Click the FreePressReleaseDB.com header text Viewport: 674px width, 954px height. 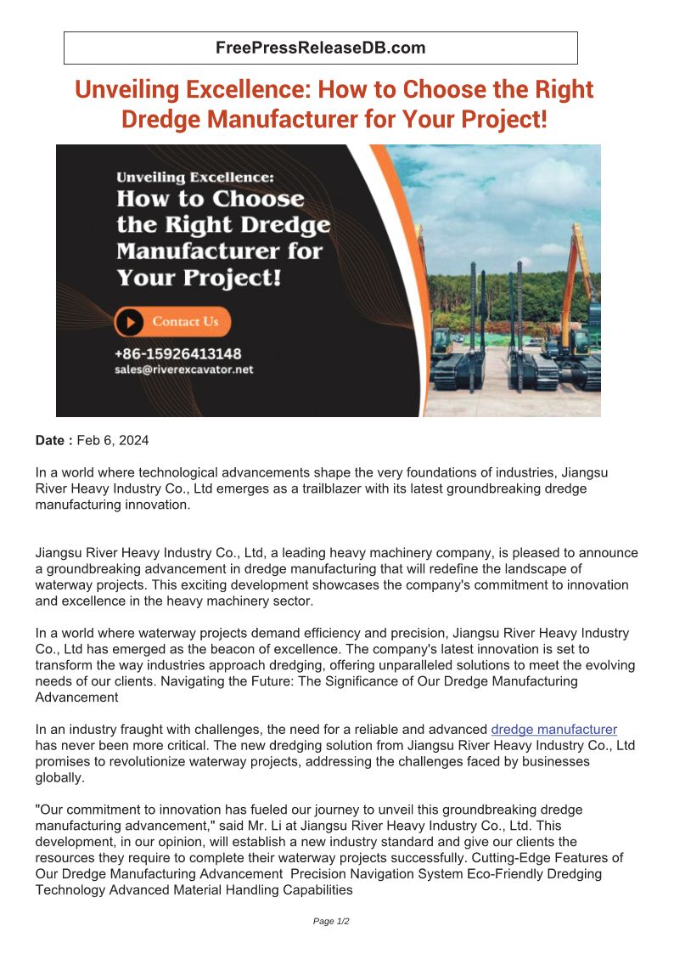click(320, 48)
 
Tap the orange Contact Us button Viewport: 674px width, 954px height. click(173, 322)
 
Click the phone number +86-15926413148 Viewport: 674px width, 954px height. click(177, 353)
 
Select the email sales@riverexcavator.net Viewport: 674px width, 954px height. click(183, 370)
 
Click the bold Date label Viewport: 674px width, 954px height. click(54, 440)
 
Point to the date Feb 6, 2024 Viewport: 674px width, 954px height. click(113, 440)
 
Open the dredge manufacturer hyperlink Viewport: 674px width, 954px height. click(553, 729)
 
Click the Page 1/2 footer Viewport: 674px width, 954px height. click(331, 921)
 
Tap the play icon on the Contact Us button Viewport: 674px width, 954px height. click(130, 322)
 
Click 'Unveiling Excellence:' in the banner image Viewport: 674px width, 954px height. click(195, 178)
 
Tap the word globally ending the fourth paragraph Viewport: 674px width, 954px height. click(60, 777)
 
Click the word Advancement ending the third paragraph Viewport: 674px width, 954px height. click(76, 697)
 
